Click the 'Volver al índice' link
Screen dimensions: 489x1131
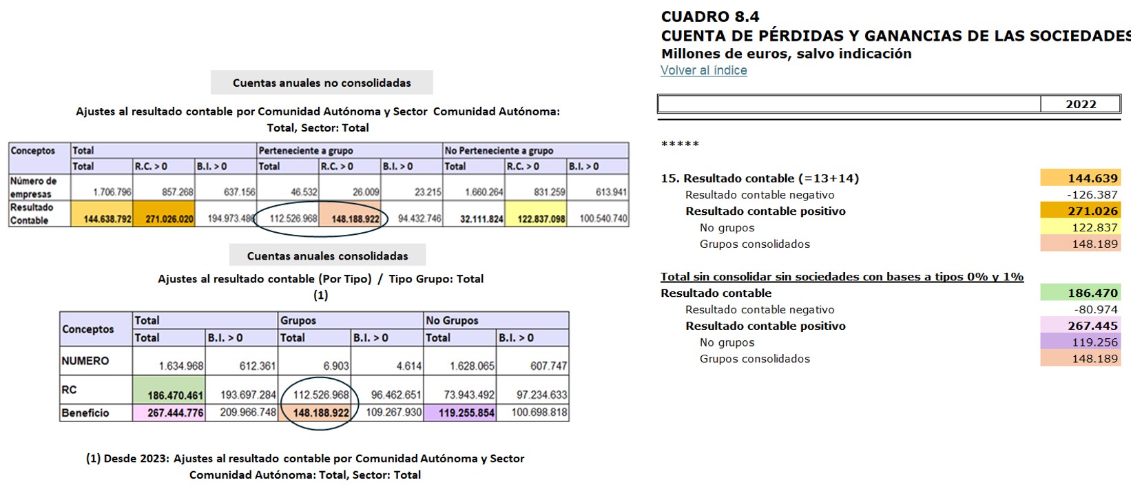coord(703,70)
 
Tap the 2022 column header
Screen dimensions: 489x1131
coord(1080,104)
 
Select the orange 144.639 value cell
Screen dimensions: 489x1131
coord(1080,178)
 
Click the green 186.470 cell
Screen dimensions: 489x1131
coord(1080,293)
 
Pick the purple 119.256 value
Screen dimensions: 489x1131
coord(1080,342)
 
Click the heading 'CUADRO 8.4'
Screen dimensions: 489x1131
coord(710,17)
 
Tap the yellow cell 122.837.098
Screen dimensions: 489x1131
coord(536,218)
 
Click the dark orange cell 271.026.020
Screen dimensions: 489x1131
coord(164,218)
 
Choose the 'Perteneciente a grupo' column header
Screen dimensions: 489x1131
coord(306,150)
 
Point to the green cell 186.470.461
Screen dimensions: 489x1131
coord(169,395)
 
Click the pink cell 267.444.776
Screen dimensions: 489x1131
coord(169,413)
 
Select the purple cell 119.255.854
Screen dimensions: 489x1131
coord(460,413)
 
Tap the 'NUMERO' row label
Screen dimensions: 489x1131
coord(85,361)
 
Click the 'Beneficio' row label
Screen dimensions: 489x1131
coord(85,413)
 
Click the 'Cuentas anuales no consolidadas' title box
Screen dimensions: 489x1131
coord(322,83)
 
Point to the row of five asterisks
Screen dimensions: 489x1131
coord(680,144)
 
